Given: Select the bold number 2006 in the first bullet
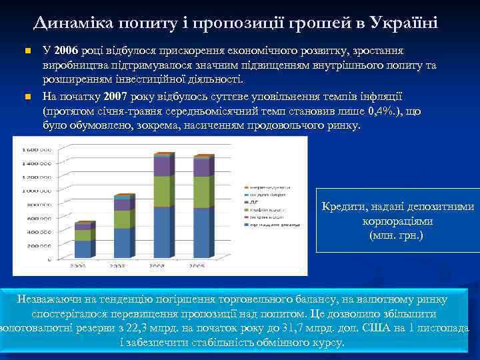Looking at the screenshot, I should point(67,51).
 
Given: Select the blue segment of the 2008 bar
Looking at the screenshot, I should point(162,233).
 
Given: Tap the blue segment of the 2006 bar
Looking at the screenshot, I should point(83,249).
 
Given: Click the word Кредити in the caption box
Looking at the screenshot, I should point(343,207).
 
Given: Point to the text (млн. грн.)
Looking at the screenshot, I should point(396,235).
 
